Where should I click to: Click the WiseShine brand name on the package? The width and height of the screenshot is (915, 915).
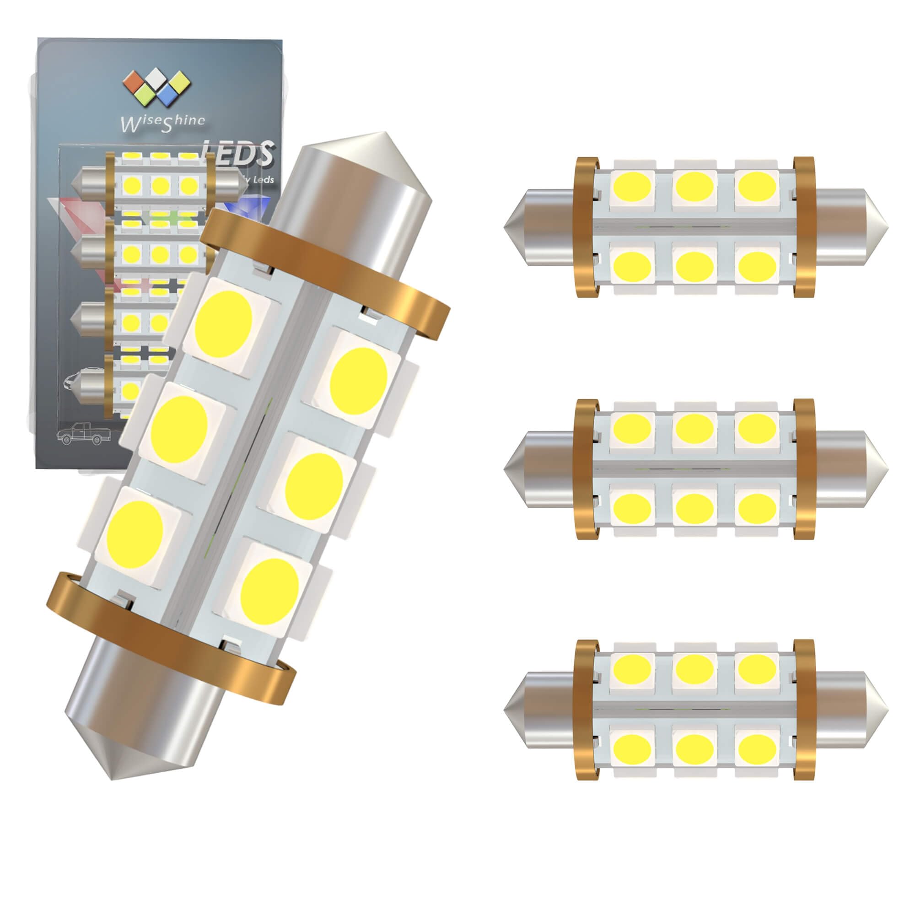[164, 121]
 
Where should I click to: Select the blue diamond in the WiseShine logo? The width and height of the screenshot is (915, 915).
[167, 97]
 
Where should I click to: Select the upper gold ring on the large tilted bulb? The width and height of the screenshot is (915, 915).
[327, 273]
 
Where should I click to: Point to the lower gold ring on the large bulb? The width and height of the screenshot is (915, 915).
[171, 637]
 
